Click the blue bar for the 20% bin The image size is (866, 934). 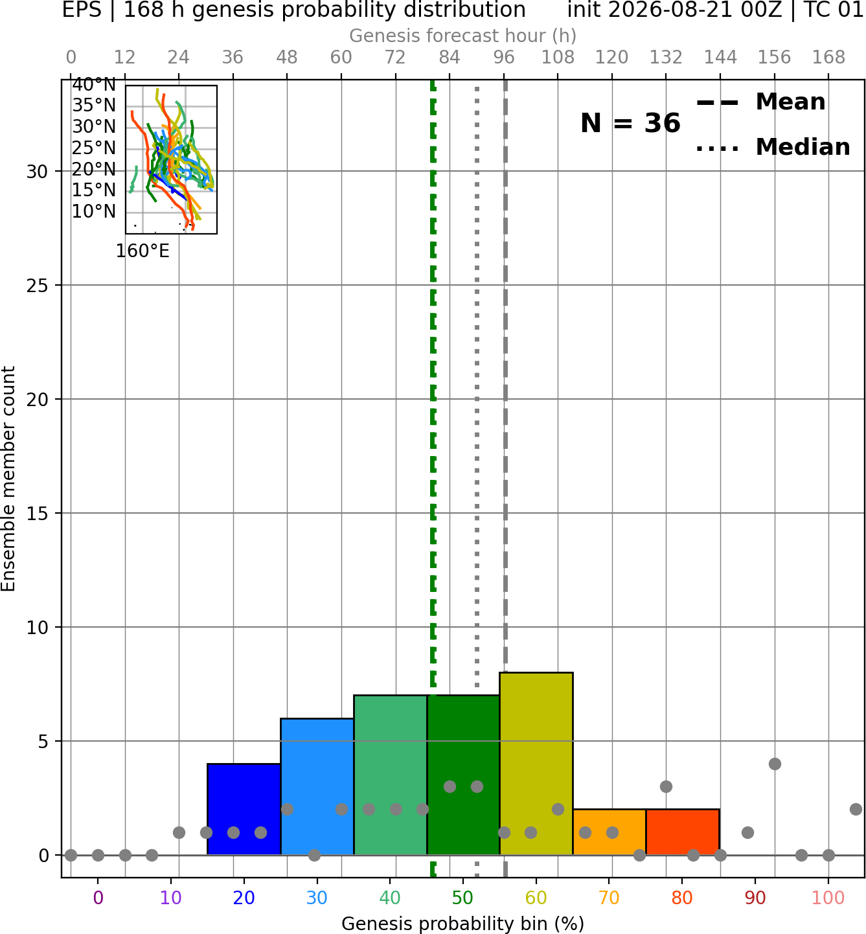(244, 809)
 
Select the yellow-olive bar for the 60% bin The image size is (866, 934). (536, 763)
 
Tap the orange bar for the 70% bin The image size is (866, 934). (609, 832)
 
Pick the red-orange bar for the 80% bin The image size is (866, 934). (683, 832)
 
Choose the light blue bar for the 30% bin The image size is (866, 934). (317, 786)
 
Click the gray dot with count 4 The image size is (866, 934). (775, 764)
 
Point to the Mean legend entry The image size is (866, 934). (760, 102)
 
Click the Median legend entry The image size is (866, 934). (773, 147)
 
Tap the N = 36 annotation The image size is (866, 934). (630, 123)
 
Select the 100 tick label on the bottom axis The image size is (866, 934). (828, 898)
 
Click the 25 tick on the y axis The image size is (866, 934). (38, 286)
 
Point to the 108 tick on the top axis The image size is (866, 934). (558, 58)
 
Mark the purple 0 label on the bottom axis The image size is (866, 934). (98, 898)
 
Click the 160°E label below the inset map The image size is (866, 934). (142, 251)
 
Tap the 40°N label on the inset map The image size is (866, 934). (94, 85)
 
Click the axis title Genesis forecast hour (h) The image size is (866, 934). (463, 36)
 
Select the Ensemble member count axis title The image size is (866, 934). (8, 479)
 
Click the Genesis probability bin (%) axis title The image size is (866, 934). (463, 923)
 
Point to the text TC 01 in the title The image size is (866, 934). (832, 10)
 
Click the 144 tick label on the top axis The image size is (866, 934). (720, 58)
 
